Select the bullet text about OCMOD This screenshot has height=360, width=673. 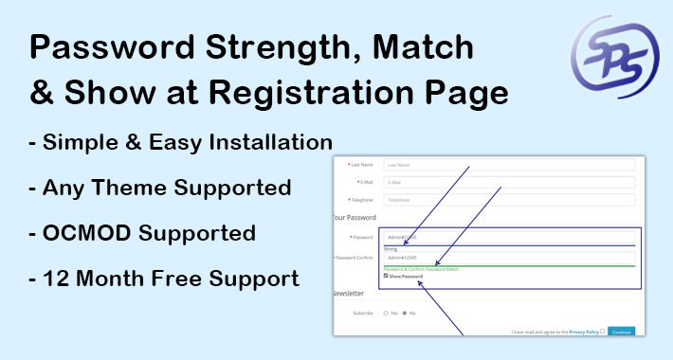143,233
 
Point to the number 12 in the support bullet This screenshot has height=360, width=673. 56,279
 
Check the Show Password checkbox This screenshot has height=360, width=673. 387,276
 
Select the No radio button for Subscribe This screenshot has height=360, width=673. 405,312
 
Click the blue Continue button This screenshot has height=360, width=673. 621,332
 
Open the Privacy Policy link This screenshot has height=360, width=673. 583,332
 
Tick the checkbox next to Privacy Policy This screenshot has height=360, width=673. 602,331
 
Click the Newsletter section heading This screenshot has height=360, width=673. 352,294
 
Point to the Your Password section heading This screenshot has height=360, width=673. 355,218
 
